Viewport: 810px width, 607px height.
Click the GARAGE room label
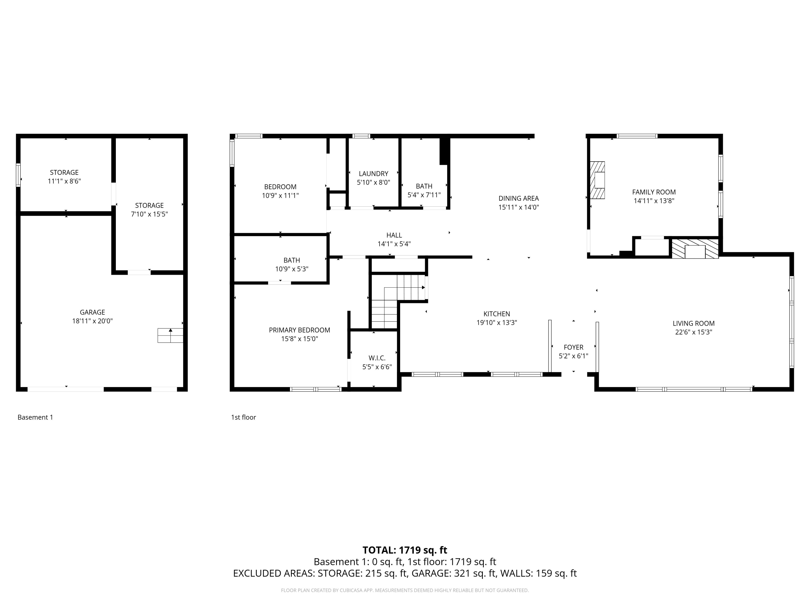(x=92, y=312)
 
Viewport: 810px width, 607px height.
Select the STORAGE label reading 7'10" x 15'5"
(x=149, y=205)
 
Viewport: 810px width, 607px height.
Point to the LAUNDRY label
(x=373, y=173)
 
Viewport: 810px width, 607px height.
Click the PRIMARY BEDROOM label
(x=299, y=330)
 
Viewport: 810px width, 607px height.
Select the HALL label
(x=394, y=235)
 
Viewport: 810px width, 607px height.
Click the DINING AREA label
(x=518, y=198)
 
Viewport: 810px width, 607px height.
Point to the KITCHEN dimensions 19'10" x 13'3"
(x=497, y=323)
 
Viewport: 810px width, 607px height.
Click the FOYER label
(x=573, y=347)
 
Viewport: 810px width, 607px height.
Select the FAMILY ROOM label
(x=654, y=192)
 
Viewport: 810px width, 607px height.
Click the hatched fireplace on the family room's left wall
(x=597, y=180)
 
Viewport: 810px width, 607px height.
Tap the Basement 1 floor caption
(x=35, y=417)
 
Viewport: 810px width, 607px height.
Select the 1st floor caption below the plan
(x=243, y=417)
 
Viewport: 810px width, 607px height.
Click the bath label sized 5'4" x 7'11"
(x=424, y=186)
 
